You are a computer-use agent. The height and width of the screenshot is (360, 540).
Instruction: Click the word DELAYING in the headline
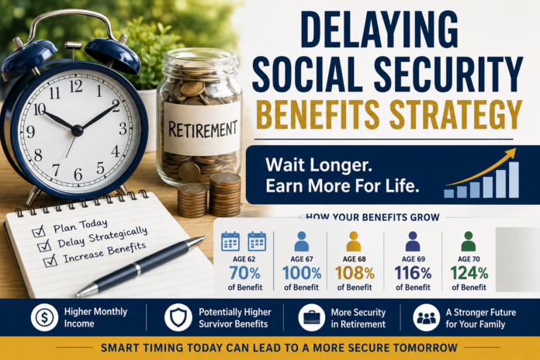[379, 30]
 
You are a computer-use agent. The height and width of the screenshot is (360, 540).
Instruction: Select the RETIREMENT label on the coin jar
[202, 130]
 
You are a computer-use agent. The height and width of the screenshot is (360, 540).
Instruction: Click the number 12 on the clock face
[76, 86]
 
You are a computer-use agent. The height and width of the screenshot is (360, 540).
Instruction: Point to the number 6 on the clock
[78, 175]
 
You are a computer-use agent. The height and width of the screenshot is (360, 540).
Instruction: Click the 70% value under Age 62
[245, 274]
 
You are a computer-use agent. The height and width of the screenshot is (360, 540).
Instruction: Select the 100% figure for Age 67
[302, 274]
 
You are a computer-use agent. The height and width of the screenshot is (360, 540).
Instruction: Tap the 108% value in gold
[355, 274]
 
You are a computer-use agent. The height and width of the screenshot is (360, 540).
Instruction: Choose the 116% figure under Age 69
[413, 274]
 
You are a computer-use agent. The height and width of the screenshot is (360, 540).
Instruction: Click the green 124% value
[469, 274]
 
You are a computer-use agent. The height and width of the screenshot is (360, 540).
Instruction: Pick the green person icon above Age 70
[469, 241]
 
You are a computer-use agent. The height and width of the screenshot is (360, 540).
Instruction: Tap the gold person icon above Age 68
[354, 241]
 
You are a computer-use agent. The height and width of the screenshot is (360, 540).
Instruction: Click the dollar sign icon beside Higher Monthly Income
[44, 317]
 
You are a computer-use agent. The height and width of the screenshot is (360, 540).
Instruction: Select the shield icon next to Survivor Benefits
[178, 317]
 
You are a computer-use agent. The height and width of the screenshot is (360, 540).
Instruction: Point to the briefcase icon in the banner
[312, 317]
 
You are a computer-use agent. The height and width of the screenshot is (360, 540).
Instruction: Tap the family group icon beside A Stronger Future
[427, 317]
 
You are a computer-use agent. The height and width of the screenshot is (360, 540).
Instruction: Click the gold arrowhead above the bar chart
[511, 152]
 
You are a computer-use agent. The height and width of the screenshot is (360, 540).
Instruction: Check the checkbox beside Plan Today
[39, 231]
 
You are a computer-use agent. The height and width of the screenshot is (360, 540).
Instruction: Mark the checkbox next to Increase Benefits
[50, 261]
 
